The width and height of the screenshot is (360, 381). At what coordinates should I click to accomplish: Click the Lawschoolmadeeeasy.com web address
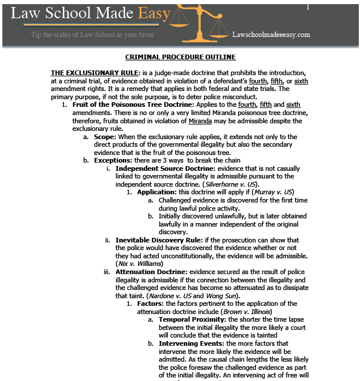click(271, 35)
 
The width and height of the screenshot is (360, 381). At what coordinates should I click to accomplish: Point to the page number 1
click(308, 6)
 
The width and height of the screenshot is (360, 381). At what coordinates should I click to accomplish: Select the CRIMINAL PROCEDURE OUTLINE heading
click(180, 57)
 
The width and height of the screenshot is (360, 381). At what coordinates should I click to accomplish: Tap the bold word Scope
click(105, 136)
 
